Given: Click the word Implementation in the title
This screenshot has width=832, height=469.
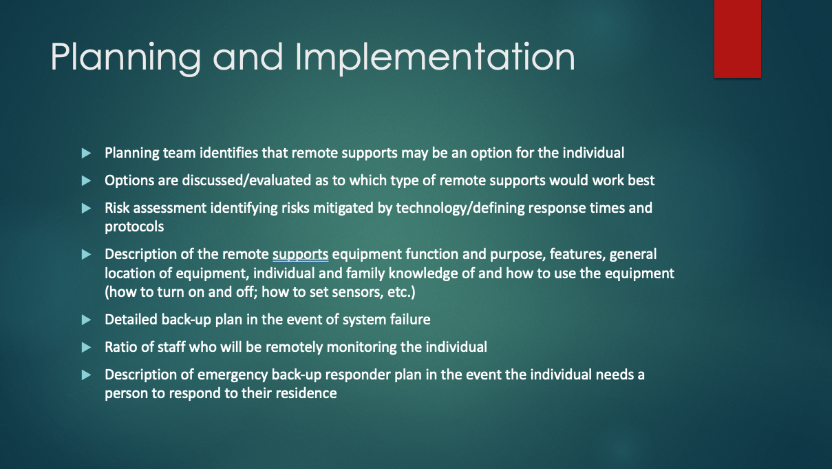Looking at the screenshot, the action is click(x=435, y=57).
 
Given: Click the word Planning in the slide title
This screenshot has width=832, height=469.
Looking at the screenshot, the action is click(x=125, y=57).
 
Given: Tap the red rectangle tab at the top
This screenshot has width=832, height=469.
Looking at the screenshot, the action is click(x=737, y=39).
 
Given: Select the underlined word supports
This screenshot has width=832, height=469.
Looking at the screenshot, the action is click(x=300, y=254).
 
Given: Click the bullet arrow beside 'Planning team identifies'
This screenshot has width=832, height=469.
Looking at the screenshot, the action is click(x=86, y=153).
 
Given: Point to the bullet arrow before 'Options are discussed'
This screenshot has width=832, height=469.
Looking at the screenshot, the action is click(x=86, y=180).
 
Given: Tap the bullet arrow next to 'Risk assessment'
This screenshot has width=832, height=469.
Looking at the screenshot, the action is click(x=86, y=208).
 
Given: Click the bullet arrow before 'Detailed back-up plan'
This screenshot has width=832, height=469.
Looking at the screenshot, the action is click(x=86, y=320).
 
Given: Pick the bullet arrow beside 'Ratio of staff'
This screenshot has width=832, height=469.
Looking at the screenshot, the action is click(x=86, y=347).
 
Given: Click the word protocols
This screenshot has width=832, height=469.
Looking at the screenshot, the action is click(x=134, y=227).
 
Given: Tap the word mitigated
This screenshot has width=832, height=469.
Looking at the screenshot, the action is click(x=343, y=208).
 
